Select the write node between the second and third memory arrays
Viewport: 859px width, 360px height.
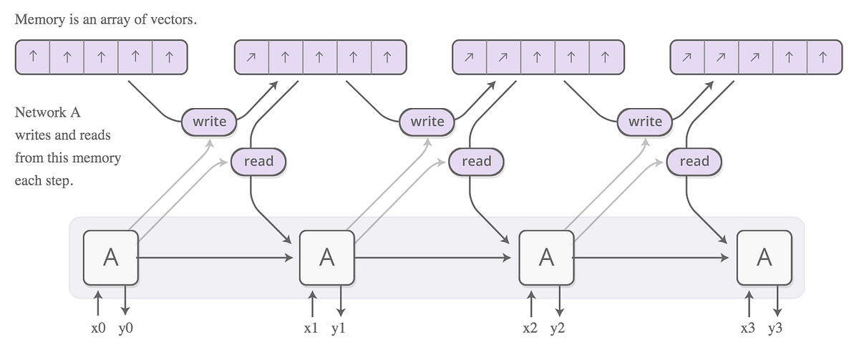pos(427,121)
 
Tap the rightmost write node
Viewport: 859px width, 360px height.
pos(645,121)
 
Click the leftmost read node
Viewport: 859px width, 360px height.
pos(258,161)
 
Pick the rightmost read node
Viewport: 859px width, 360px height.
pos(694,161)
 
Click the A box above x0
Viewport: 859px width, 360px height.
pos(110,257)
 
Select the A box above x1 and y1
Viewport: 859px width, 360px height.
pos(326,257)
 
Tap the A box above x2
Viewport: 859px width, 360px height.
pos(546,257)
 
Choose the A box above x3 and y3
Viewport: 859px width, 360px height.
pos(765,257)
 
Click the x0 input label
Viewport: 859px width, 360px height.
pos(97,329)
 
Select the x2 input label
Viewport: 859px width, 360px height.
pos(531,329)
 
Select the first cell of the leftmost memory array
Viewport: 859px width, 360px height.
pos(33,57)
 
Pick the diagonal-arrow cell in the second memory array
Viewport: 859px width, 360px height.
pos(252,57)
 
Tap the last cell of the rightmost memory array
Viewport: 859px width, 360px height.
pos(823,57)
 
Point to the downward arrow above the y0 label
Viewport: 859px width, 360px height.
pos(125,301)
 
